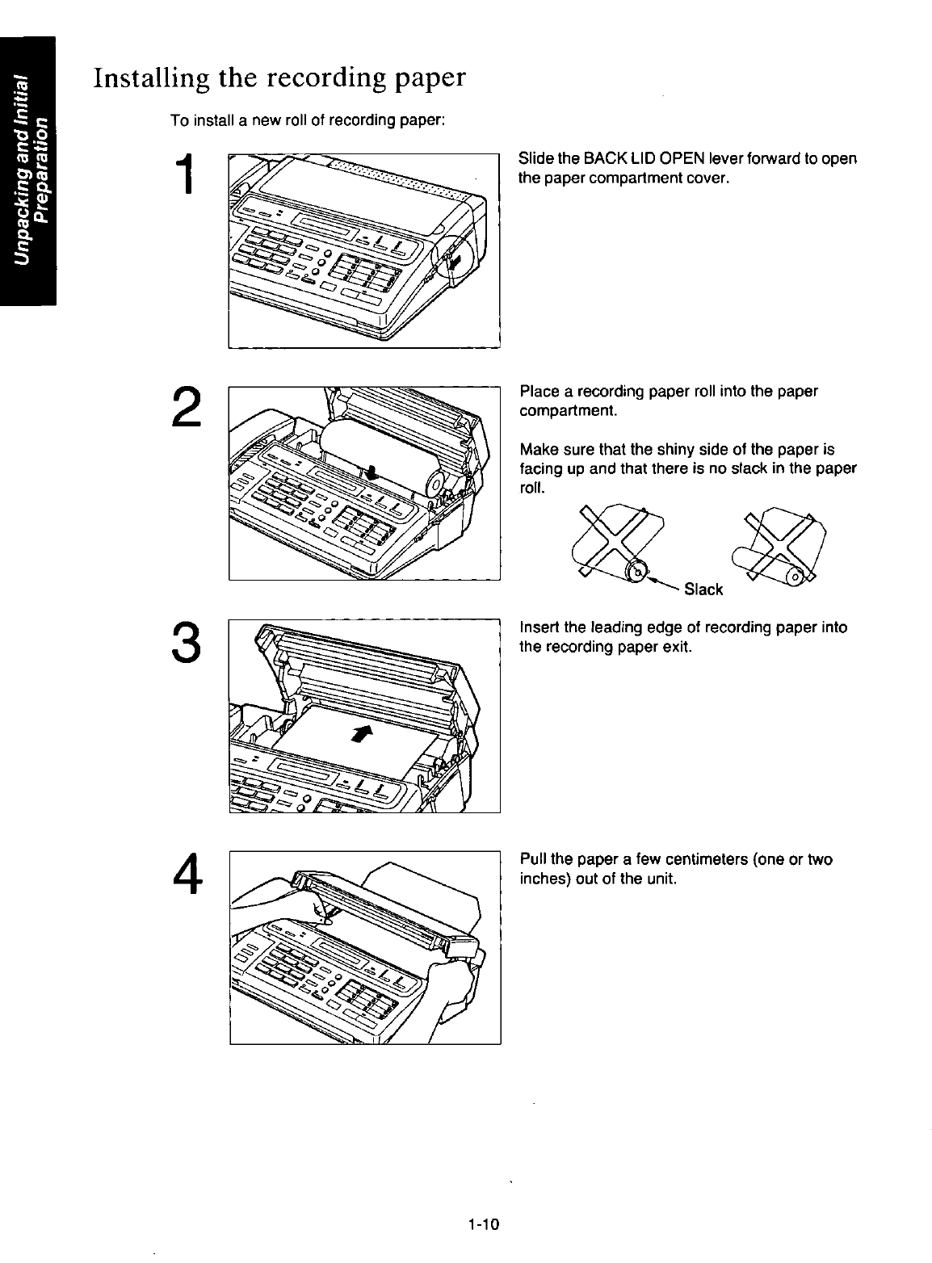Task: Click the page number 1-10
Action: pyautogui.click(x=484, y=1225)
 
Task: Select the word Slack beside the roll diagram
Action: pyautogui.click(x=703, y=590)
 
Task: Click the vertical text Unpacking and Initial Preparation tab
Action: pyautogui.click(x=27, y=170)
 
